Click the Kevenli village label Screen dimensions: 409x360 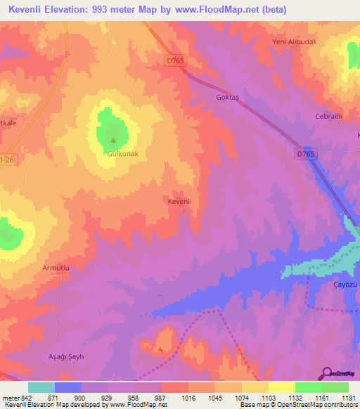coord(180,202)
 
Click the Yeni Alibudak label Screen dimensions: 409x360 coord(295,41)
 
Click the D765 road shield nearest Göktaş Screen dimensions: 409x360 coord(176,61)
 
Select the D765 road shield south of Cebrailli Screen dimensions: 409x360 coord(304,152)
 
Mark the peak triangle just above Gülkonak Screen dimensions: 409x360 coord(113,139)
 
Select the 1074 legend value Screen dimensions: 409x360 coord(243,397)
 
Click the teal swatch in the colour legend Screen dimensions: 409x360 coord(41,387)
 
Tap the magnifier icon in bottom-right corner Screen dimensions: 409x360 coord(326,372)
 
